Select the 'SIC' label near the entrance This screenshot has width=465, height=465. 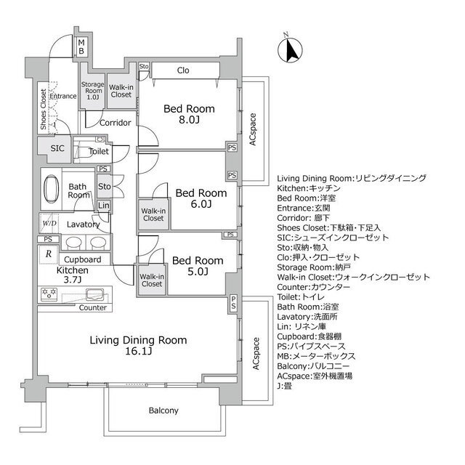(x=57, y=148)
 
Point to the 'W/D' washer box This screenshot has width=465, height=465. (x=49, y=224)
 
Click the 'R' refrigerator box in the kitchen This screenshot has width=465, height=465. (x=48, y=255)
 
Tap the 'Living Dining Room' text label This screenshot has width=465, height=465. (x=138, y=340)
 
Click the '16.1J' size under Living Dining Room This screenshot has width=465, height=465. (x=138, y=352)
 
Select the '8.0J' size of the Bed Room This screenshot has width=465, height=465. (x=189, y=120)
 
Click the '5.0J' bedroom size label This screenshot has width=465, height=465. (x=198, y=272)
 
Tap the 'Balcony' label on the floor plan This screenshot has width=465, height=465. (x=163, y=411)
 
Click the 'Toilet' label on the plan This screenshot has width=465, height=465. (x=99, y=152)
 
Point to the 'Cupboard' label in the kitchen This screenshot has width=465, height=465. (x=82, y=259)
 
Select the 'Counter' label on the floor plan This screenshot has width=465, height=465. (x=92, y=307)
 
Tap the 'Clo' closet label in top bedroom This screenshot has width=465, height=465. (x=183, y=71)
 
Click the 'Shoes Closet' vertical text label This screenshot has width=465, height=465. (x=43, y=110)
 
